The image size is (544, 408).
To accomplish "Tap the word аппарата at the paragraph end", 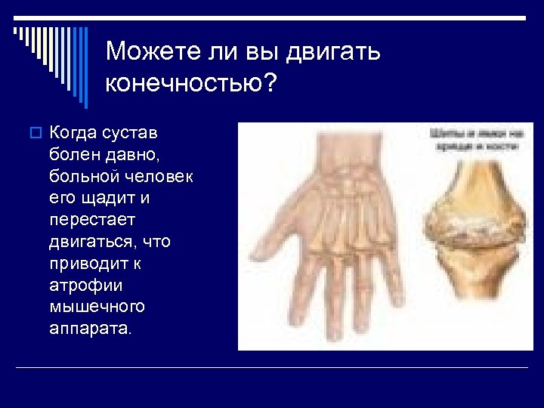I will point(89,329).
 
